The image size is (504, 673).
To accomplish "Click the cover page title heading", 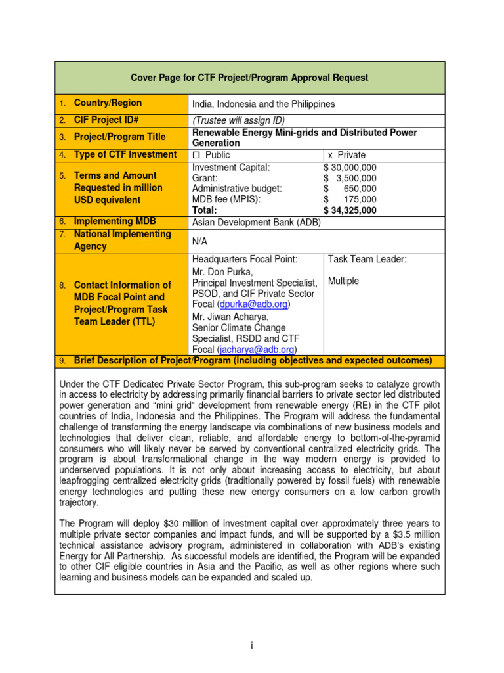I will [249, 78].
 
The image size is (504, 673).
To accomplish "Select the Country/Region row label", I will [108, 103].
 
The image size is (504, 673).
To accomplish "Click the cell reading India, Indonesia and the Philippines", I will [263, 104].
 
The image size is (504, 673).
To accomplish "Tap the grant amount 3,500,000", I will [356, 177].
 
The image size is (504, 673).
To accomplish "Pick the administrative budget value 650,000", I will [360, 188].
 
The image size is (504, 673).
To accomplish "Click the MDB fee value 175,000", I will [360, 199].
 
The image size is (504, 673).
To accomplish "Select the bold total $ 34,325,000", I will [350, 210].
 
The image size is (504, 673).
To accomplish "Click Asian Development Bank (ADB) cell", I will [257, 222].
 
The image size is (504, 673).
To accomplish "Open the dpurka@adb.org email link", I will [254, 304].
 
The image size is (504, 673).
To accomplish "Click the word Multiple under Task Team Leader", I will [343, 281].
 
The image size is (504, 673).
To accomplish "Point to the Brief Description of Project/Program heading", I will [253, 361].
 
